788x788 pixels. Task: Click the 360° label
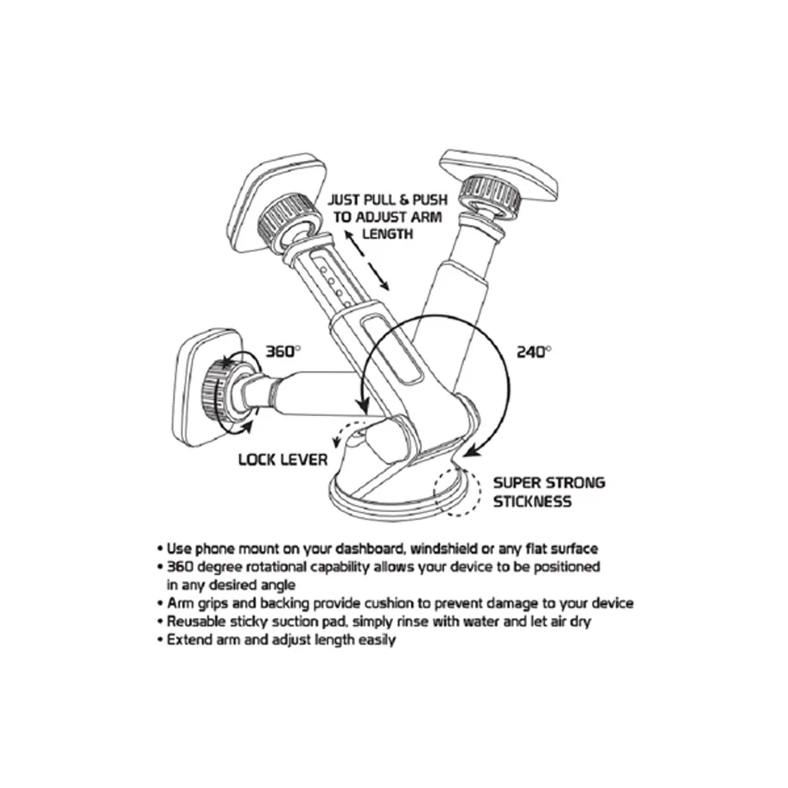283,351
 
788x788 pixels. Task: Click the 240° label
534,352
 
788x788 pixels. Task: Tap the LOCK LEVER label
283,460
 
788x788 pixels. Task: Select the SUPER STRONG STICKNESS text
549,492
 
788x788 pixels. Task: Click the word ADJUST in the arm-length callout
382,217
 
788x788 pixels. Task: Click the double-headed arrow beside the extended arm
366,259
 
